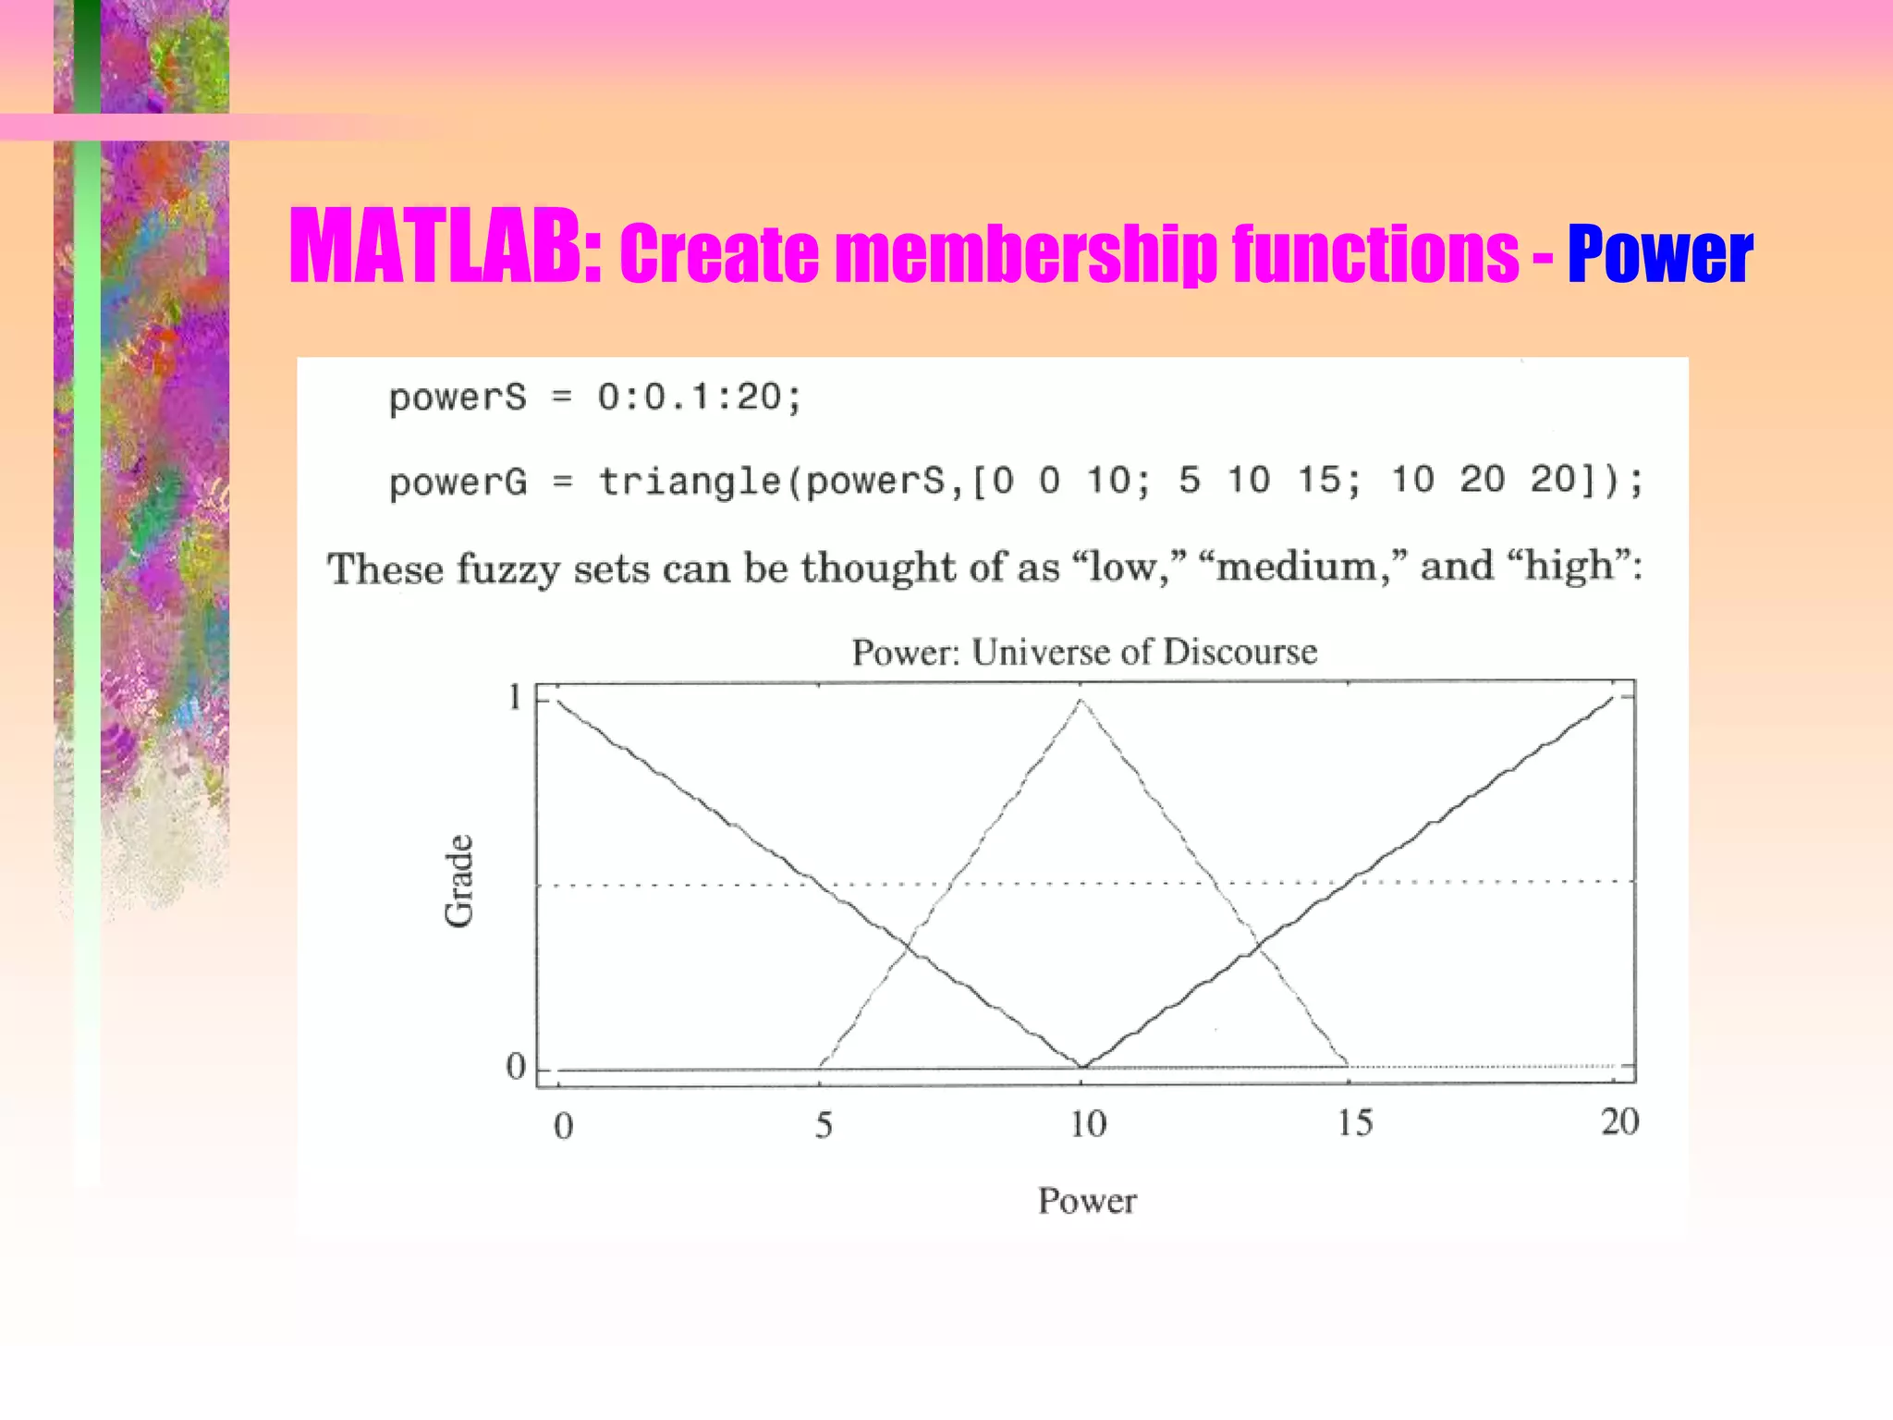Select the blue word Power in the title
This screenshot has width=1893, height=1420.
coord(1659,254)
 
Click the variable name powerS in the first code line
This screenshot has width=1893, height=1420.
coord(457,398)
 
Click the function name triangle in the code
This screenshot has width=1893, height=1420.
coord(690,481)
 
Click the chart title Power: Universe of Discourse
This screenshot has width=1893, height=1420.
coord(1084,652)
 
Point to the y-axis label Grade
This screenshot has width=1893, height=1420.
coord(459,881)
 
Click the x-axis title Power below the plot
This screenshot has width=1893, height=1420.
coord(1087,1201)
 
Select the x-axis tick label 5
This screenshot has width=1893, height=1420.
coord(824,1125)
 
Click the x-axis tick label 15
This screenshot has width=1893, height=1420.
coord(1355,1123)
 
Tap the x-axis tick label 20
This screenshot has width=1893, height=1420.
coord(1619,1122)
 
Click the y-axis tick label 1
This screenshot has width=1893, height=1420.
coord(515,697)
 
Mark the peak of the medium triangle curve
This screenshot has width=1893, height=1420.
coord(1081,702)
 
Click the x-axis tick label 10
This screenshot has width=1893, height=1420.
coord(1088,1124)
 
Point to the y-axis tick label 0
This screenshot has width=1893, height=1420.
coord(515,1068)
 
